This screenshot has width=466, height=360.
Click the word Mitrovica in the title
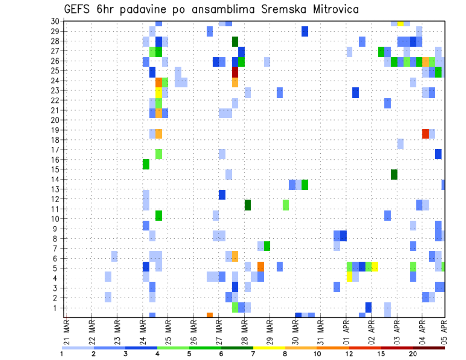point(330,9)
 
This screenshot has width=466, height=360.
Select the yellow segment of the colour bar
point(269,348)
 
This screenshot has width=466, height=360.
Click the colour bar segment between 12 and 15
point(365,348)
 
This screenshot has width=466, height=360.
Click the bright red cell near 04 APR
point(426,133)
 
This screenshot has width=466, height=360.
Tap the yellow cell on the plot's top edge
point(400,23)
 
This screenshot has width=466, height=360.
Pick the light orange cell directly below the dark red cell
point(235,82)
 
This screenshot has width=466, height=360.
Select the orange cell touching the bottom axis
point(210,315)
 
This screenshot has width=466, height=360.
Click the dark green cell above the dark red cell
point(235,42)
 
